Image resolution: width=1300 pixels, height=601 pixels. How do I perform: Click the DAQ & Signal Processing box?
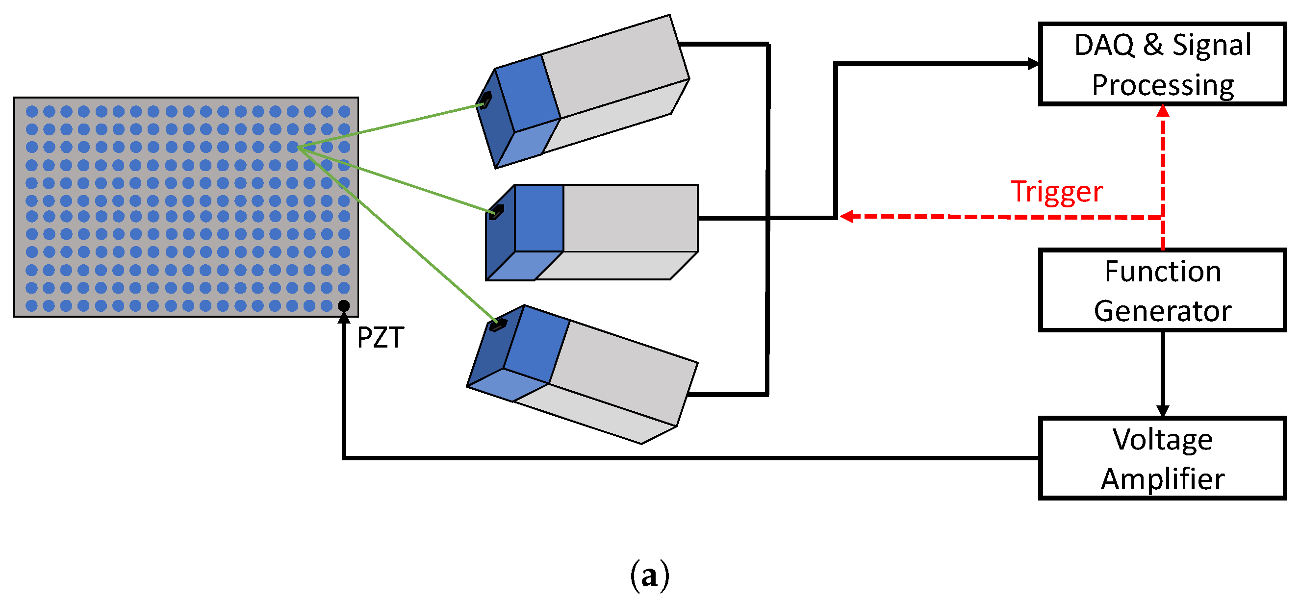[x=1162, y=64]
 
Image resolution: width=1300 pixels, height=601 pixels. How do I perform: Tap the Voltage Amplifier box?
[x=1162, y=458]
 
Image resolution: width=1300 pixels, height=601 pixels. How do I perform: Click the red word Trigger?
[x=1057, y=192]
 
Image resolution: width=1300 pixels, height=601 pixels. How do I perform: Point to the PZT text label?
[x=380, y=338]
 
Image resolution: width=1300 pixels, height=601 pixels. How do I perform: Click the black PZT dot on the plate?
[x=344, y=305]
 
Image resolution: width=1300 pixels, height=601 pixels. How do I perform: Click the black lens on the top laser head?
[x=485, y=100]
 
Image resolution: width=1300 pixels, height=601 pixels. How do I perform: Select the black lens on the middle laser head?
[x=497, y=211]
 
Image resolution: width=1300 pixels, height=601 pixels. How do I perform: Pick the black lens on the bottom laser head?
[x=498, y=324]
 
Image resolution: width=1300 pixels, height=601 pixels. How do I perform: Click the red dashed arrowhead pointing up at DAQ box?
[x=1163, y=110]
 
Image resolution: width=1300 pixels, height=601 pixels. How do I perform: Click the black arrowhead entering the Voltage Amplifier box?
[x=1163, y=411]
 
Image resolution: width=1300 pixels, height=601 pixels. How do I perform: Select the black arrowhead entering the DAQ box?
[x=1033, y=64]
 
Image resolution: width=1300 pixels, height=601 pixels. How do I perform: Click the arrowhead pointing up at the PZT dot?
[x=344, y=317]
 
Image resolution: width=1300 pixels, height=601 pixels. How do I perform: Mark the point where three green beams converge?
[x=299, y=148]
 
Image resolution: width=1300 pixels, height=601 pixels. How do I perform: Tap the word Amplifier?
[x=1163, y=478]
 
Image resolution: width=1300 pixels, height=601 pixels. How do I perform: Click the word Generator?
[x=1163, y=310]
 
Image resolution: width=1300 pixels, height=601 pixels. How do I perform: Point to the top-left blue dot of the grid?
[x=32, y=111]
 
